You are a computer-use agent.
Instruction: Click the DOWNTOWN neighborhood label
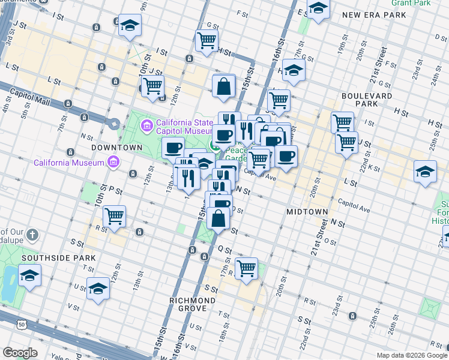pos(116,147)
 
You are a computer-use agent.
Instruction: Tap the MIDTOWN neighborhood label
pos(307,212)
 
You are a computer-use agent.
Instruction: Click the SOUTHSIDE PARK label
pos(58,257)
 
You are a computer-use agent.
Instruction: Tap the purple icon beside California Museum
pos(113,162)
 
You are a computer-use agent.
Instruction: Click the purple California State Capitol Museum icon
pos(146,126)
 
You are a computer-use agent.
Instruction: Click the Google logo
pos(20,353)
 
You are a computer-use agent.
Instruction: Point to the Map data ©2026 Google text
pos(411,355)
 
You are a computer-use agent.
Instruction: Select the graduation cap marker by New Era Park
pos(318,8)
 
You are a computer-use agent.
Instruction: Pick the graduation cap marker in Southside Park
pos(29,275)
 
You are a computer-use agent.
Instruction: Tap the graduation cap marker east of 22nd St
pos(425,171)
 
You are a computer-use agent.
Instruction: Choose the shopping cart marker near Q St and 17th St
pos(246,268)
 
